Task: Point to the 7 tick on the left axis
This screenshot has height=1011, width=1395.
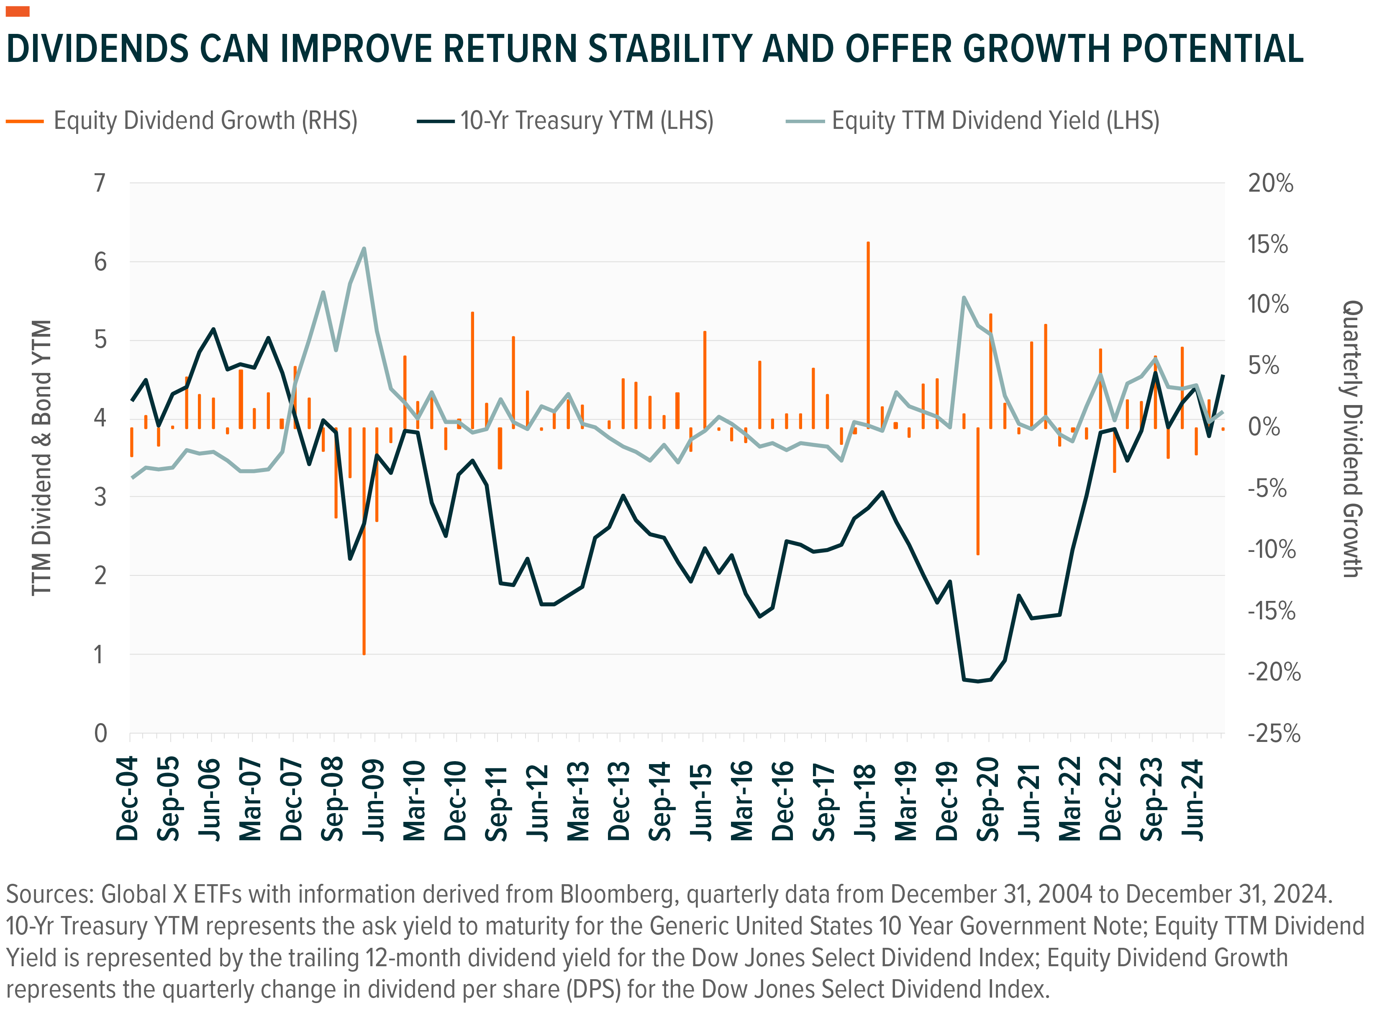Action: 100,183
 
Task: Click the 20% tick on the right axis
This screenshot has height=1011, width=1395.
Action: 1270,183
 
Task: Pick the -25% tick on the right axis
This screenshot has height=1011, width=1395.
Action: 1273,734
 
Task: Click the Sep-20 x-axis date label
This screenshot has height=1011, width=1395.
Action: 988,799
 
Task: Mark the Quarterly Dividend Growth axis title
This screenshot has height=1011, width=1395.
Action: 1351,439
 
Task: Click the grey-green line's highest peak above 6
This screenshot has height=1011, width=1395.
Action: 364,249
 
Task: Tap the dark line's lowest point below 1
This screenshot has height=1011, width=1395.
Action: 978,681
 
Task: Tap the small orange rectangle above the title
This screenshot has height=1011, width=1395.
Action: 17,11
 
